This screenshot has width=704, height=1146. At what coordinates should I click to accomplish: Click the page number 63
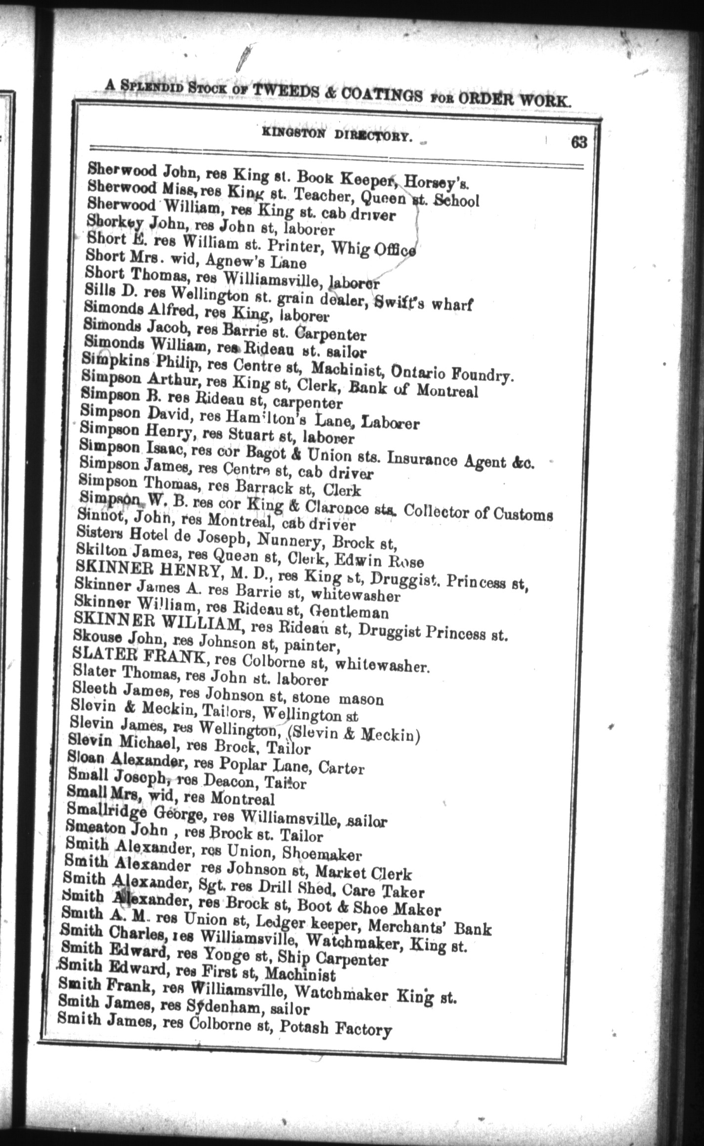pos(579,142)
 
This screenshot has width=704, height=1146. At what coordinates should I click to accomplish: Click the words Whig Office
pos(383,248)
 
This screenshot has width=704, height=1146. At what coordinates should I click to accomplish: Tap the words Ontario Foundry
pos(452,372)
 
